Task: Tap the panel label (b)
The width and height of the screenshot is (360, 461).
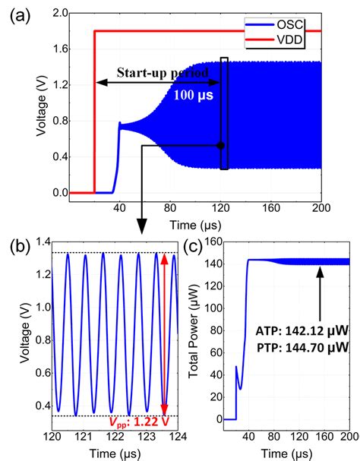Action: tap(20, 247)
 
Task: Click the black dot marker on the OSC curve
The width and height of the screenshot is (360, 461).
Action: tap(220, 145)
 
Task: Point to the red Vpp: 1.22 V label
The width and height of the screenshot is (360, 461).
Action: tap(142, 423)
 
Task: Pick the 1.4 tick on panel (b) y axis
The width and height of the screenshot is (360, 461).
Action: tap(39, 242)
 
